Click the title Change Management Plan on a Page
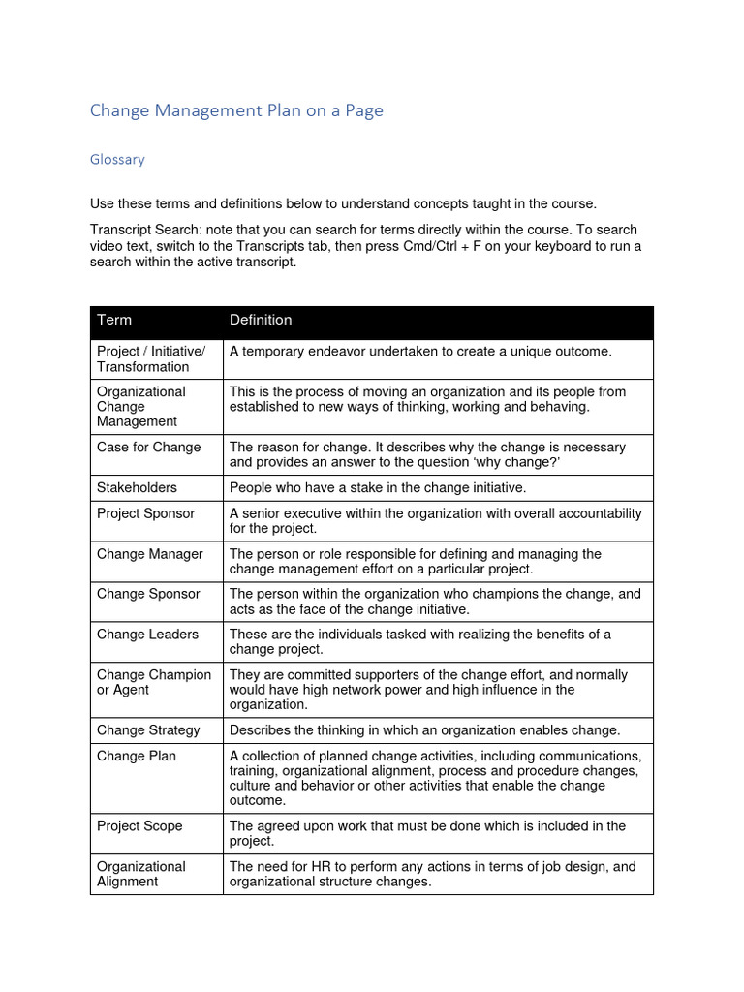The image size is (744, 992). coord(236,110)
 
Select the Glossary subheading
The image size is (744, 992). coord(117,159)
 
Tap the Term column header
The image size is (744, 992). coord(114,320)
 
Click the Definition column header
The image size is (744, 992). coord(261,320)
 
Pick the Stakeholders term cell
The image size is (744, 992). coord(137,487)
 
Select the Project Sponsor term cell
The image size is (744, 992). coord(145,513)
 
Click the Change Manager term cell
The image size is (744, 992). coord(149,554)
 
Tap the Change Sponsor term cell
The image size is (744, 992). coord(148,594)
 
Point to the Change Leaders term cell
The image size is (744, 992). coord(147,635)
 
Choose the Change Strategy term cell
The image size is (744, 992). coord(148,730)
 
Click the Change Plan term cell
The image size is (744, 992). coord(137,756)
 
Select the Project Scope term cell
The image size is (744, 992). coord(139,826)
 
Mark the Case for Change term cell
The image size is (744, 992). coord(148,448)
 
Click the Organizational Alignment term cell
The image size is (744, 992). coord(140,874)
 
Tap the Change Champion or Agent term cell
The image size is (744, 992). coord(153,682)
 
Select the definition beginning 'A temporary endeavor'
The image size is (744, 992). coord(420,352)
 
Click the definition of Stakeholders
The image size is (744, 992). coord(378,487)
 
